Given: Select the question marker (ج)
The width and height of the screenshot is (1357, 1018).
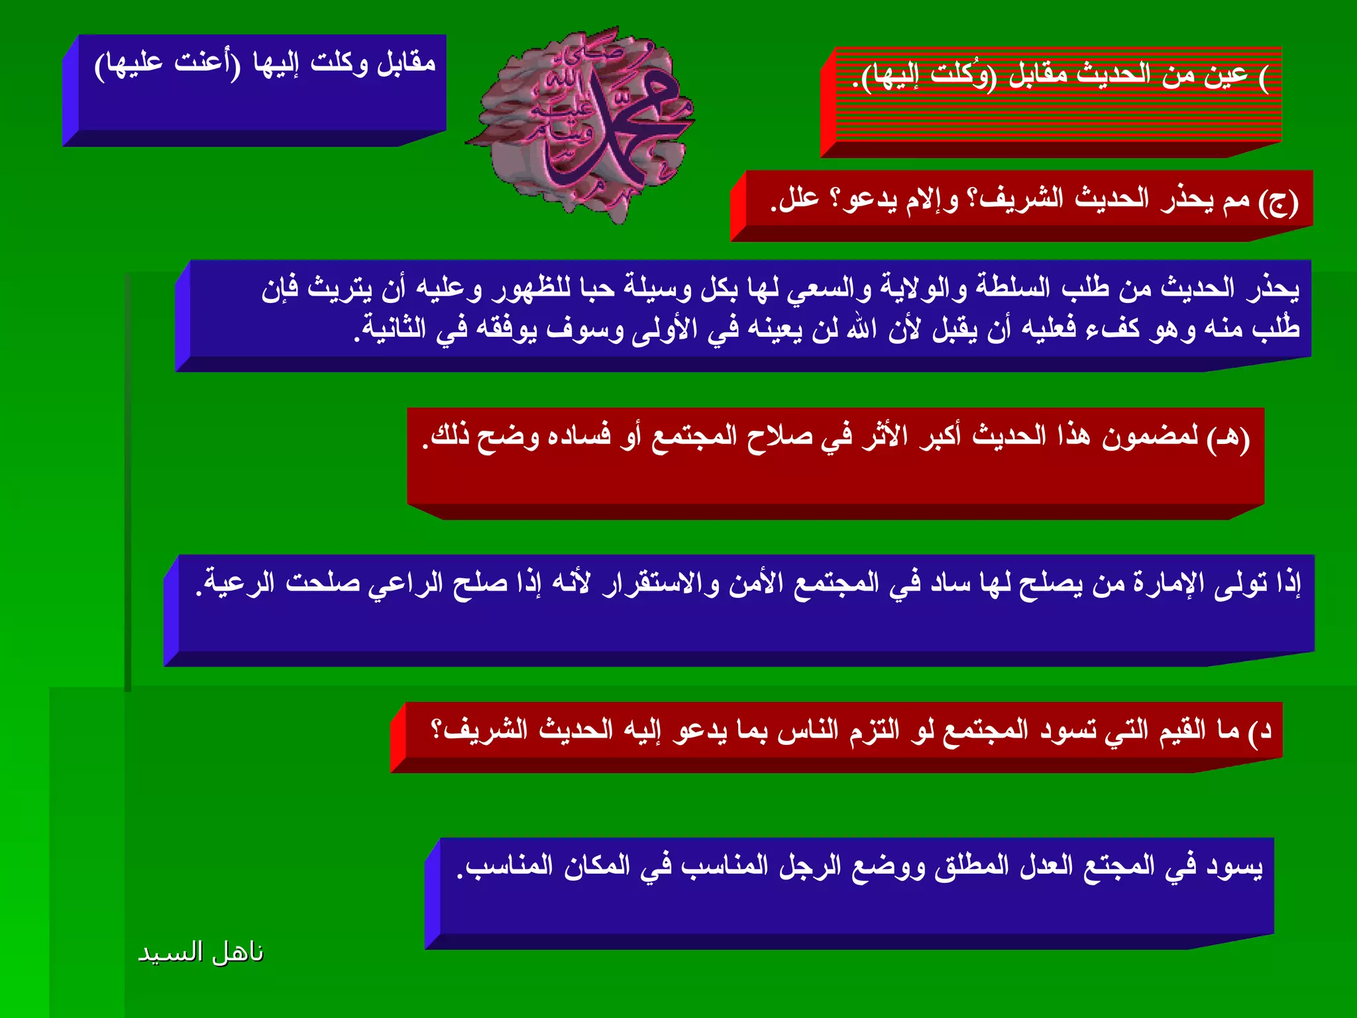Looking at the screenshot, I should point(1278,201).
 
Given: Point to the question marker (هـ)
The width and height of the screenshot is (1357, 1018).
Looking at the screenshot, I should point(1228,438).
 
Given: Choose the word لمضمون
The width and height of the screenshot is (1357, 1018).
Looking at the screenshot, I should point(1150,437).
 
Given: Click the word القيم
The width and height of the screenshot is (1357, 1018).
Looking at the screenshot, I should point(1182,730).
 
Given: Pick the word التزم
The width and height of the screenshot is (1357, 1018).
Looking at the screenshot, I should point(874,730).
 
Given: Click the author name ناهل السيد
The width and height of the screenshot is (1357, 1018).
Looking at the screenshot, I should point(200,952).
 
